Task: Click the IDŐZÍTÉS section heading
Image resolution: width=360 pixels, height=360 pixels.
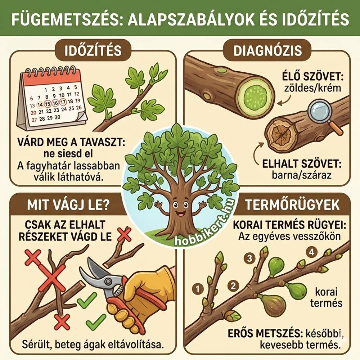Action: point(93,50)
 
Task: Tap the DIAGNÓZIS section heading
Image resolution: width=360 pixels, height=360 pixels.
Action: point(267,50)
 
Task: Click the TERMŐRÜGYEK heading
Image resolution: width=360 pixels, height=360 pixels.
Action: point(292,204)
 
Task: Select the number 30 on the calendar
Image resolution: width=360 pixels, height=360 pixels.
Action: point(57,117)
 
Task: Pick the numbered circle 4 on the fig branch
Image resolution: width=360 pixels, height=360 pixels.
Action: point(312,252)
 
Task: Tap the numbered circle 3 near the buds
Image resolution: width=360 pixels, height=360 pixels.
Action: point(249,258)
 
